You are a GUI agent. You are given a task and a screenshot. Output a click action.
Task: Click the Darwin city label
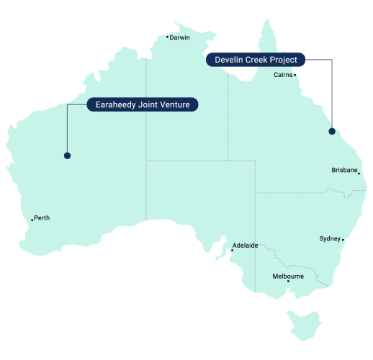(x=180, y=37)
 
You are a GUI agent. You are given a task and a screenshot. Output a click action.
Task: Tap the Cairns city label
(x=282, y=74)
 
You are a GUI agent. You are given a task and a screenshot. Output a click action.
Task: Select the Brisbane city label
(x=344, y=171)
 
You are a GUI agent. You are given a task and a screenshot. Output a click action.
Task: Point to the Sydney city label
(x=330, y=238)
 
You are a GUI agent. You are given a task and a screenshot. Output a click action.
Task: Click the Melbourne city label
(x=288, y=276)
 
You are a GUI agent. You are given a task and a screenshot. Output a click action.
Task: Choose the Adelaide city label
(x=246, y=245)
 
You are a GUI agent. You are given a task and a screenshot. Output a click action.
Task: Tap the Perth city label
(x=42, y=217)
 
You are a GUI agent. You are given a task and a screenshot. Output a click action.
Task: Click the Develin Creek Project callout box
(x=256, y=60)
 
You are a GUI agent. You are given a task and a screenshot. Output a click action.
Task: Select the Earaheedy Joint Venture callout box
(x=143, y=105)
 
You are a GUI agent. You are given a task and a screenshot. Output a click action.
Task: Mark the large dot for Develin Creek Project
(x=332, y=131)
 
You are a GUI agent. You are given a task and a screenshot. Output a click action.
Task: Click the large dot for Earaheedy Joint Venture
(x=67, y=155)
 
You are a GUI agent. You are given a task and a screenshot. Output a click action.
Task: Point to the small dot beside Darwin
(x=167, y=37)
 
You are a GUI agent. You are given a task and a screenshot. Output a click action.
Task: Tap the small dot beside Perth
(x=32, y=220)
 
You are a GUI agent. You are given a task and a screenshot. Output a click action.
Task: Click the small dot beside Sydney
(x=343, y=240)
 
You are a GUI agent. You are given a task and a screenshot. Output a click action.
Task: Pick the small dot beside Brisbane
(x=359, y=173)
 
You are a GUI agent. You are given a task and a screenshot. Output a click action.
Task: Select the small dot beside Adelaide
(x=232, y=250)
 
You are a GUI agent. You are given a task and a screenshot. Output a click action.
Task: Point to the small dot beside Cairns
(x=295, y=75)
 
